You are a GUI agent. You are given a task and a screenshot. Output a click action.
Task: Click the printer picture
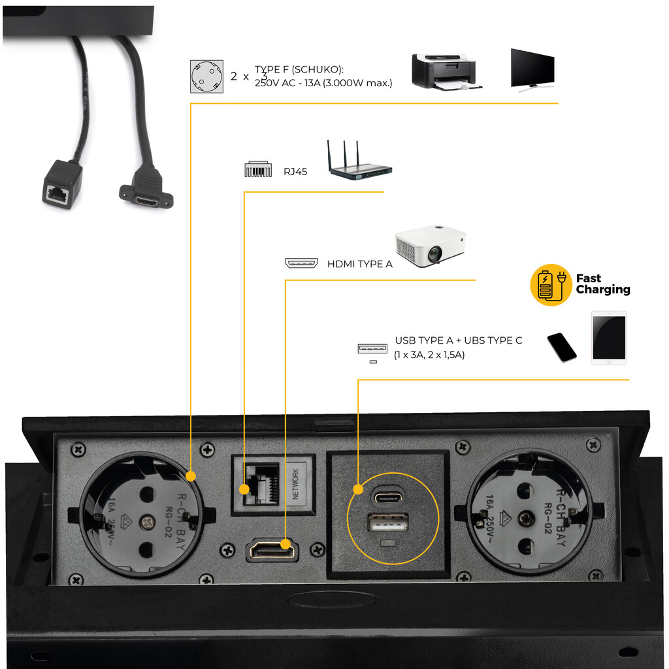[447, 71]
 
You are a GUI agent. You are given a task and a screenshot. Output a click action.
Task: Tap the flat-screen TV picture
[532, 69]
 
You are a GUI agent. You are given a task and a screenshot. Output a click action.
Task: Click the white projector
[431, 246]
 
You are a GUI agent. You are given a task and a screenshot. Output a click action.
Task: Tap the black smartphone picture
[561, 347]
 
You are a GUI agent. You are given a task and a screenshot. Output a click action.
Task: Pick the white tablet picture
[608, 338]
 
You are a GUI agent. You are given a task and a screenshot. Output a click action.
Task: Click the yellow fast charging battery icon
[551, 285]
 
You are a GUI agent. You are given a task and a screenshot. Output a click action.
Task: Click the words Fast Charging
[602, 284]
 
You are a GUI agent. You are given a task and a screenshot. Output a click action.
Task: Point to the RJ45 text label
[295, 172]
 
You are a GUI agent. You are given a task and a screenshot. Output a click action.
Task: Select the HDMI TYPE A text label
[359, 264]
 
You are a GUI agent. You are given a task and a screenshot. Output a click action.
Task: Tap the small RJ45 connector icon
[257, 169]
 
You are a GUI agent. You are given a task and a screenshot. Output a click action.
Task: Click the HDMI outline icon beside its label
[301, 264]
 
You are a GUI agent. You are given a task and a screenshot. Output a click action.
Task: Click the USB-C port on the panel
[388, 497]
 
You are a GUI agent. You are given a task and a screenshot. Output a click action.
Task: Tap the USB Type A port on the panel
[388, 524]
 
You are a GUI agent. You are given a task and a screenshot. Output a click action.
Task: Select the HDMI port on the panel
[271, 550]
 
